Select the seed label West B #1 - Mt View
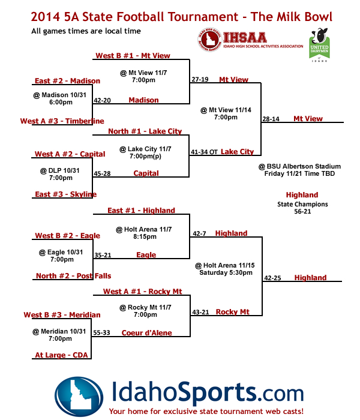(133, 56)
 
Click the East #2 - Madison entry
(59, 82)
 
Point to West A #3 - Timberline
(62, 121)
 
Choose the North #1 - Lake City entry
(145, 131)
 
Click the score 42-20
(102, 100)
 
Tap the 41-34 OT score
(205, 152)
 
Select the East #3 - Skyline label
(65, 194)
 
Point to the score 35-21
(102, 255)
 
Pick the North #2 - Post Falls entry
(73, 276)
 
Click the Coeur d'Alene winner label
(146, 333)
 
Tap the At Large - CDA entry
(61, 355)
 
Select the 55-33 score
(101, 333)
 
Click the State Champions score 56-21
(302, 212)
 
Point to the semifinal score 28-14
(271, 119)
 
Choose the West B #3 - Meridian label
(62, 314)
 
